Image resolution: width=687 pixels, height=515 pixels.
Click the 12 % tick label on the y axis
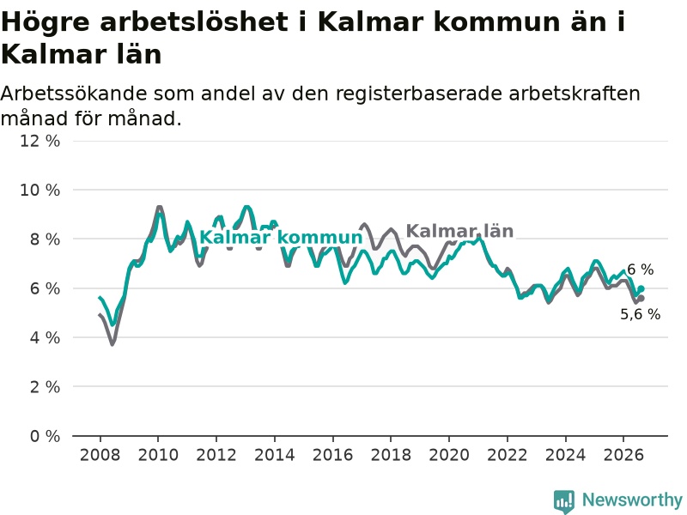[40, 141]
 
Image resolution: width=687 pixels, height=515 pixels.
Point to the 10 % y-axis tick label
[40, 190]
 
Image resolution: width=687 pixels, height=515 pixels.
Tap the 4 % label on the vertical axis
[45, 337]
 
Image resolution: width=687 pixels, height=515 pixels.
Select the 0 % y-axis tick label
[45, 436]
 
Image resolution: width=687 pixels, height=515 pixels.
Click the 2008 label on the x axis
[100, 455]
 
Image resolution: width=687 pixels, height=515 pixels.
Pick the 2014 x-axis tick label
[274, 455]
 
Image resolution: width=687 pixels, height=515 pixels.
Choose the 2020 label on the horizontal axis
[449, 455]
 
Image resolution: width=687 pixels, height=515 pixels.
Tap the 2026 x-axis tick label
[623, 455]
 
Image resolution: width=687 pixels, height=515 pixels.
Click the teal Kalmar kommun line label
[282, 238]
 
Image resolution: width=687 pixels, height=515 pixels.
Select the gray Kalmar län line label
[459, 231]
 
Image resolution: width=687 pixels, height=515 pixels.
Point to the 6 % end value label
[640, 270]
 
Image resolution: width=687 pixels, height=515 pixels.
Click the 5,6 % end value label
[640, 314]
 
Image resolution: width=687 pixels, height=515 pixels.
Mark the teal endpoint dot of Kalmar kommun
[641, 288]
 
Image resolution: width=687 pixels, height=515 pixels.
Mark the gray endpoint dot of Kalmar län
[641, 299]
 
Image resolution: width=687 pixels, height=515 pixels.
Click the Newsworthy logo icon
[564, 501]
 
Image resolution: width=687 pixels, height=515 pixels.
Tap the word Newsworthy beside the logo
[632, 500]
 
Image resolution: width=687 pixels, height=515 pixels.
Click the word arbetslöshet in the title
[194, 21]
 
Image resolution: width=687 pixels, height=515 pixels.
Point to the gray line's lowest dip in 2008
[112, 344]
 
